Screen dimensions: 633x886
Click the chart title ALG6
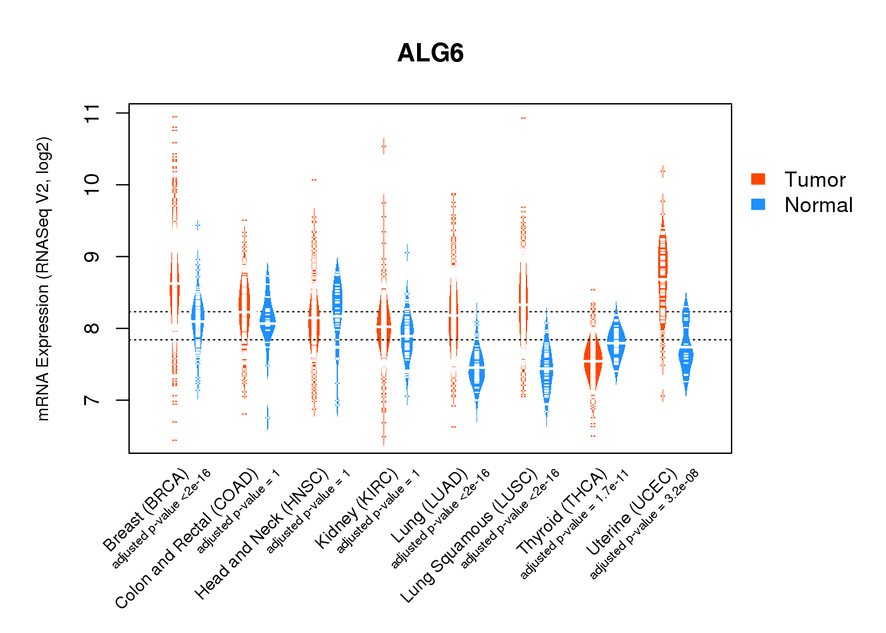(x=430, y=53)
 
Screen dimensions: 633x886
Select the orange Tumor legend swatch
(x=758, y=179)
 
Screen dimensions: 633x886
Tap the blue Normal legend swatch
(x=758, y=204)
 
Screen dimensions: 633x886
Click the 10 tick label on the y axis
(x=92, y=185)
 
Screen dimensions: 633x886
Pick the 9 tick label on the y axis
(x=92, y=256)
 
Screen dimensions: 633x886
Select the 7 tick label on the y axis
(x=92, y=400)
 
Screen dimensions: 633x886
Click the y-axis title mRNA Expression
(x=43, y=279)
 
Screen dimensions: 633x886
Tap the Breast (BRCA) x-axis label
(x=146, y=510)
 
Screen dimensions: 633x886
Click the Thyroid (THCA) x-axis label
(x=562, y=513)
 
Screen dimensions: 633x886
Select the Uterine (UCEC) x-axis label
(x=632, y=513)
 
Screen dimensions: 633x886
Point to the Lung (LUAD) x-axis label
(x=430, y=506)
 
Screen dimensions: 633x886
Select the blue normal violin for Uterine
(x=686, y=354)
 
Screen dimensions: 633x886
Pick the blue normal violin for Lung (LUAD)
(x=477, y=370)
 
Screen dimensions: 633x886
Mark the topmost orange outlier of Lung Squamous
(x=523, y=118)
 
